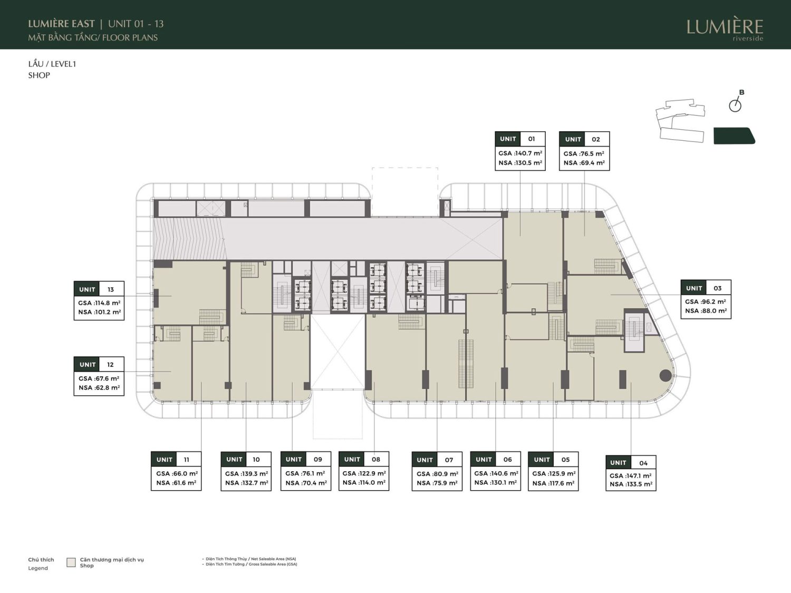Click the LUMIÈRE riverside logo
point(725,30)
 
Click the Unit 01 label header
point(520,139)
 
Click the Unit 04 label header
point(631,463)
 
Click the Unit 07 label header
point(437,460)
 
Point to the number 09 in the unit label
point(317,459)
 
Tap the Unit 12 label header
point(99,364)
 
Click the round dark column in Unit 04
point(665,375)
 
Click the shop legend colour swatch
point(71,562)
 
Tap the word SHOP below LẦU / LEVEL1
point(39,75)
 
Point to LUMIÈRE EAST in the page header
point(61,24)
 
